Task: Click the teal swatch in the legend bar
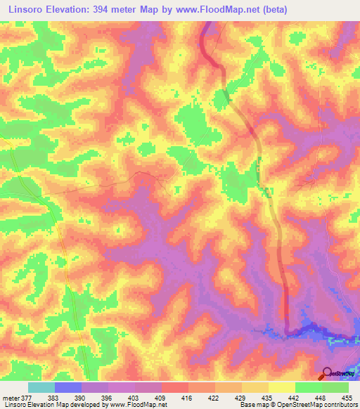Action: pos(41,387)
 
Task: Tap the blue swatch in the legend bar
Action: pos(68,387)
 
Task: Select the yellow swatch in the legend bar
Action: pos(281,387)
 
